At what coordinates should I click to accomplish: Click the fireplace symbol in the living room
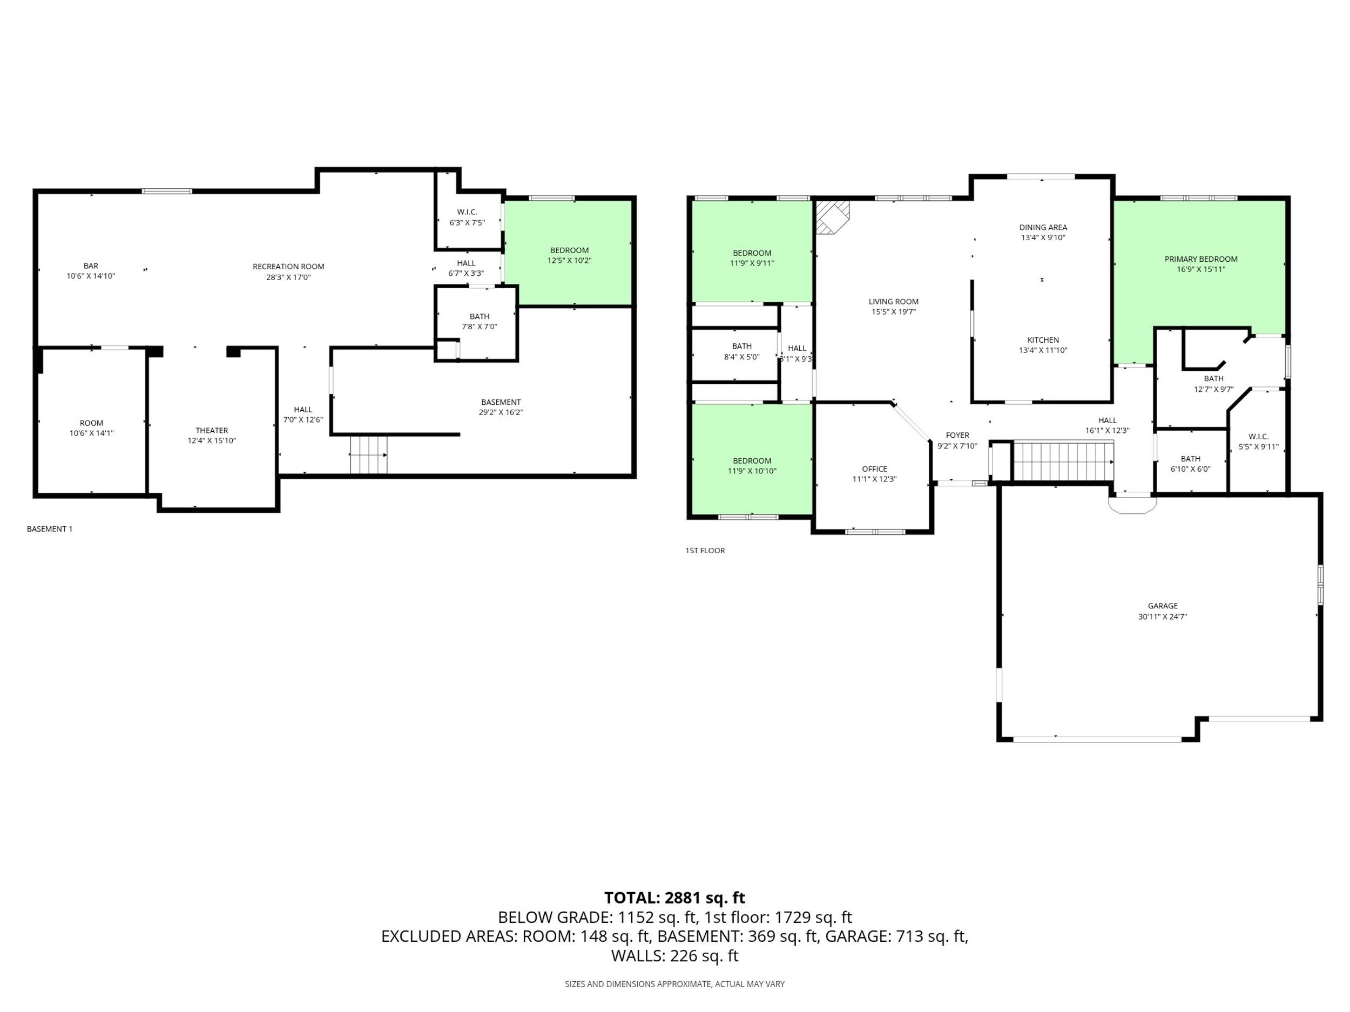pos(832,216)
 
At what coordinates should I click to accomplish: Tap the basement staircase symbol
pos(368,454)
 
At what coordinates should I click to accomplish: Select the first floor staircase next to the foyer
pos(1063,461)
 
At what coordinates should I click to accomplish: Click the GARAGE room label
pos(1162,606)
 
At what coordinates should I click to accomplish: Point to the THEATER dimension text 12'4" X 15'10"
pos(211,440)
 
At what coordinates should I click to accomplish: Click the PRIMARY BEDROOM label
pos(1200,259)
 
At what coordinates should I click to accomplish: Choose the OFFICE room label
pos(874,468)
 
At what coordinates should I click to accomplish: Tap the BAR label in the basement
pos(91,266)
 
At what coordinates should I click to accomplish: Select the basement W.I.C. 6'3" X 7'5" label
pos(467,217)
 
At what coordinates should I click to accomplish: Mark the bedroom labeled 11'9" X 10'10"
pos(751,465)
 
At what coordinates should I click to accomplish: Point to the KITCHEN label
pos(1042,340)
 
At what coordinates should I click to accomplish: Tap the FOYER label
pos(957,435)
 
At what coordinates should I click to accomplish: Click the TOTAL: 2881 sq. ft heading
pos(674,898)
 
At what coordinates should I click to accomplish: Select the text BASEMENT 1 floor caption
pos(50,529)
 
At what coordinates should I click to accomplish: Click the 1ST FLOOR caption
pos(704,550)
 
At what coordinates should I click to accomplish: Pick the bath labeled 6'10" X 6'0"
pos(1190,464)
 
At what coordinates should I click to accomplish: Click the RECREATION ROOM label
pos(288,266)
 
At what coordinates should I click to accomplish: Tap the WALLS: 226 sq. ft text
pos(674,955)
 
